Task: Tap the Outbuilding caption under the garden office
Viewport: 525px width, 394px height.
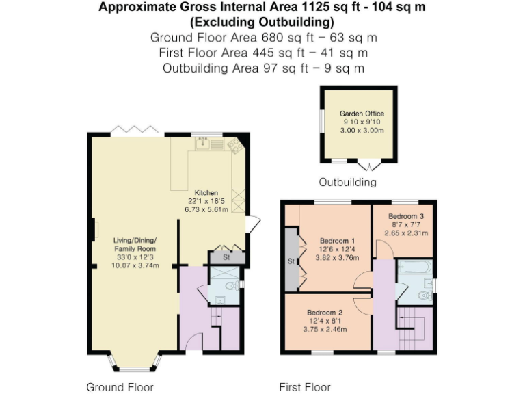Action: pyautogui.click(x=347, y=183)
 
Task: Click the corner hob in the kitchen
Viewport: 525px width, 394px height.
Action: pyautogui.click(x=234, y=145)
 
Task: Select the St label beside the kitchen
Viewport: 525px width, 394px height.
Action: pyautogui.click(x=226, y=258)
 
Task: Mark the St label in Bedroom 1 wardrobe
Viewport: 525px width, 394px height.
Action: pyautogui.click(x=290, y=261)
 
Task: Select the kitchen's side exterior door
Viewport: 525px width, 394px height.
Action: pyautogui.click(x=253, y=223)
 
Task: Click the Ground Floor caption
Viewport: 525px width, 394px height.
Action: pyautogui.click(x=120, y=387)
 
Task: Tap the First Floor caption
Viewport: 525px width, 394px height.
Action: pyautogui.click(x=305, y=387)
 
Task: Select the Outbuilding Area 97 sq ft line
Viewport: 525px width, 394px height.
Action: pyautogui.click(x=262, y=68)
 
